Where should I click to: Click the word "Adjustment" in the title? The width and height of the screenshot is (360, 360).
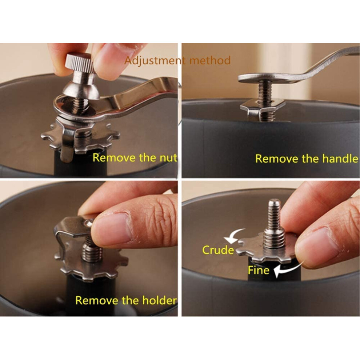click(x=154, y=61)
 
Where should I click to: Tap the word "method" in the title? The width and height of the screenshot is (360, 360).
click(x=210, y=60)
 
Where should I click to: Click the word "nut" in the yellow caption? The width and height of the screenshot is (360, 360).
click(x=168, y=158)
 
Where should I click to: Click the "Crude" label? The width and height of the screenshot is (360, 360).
click(x=218, y=250)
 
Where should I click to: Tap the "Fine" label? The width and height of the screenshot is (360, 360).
click(x=259, y=270)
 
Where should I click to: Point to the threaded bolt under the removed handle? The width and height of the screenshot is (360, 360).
click(x=266, y=100)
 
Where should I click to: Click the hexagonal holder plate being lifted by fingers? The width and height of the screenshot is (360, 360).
click(x=73, y=226)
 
